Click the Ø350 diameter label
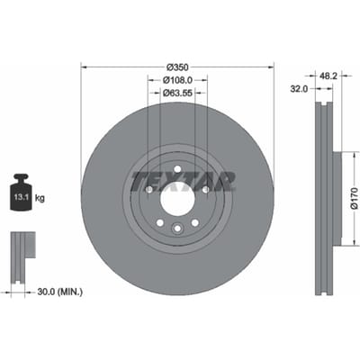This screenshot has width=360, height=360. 177,67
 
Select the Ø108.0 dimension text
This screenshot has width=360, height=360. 177,80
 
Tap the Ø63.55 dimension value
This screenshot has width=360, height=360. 177,93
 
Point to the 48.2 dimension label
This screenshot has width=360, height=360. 328,76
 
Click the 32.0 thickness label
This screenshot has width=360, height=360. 299,89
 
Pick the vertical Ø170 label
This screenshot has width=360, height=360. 355,198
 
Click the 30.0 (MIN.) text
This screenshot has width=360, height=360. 59,292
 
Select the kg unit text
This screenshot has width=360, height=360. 40,198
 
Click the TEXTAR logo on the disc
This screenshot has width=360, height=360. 183,182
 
